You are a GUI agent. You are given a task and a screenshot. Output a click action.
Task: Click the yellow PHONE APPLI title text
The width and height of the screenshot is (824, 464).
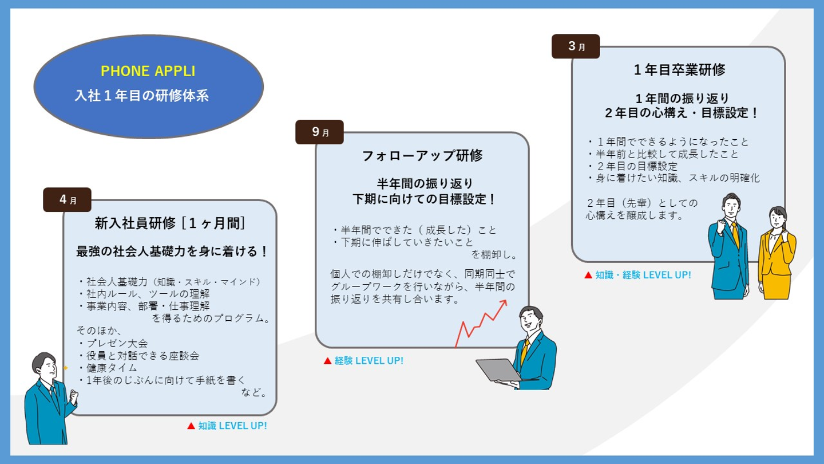tap(148, 71)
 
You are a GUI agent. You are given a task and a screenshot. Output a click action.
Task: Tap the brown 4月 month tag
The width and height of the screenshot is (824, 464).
tap(68, 199)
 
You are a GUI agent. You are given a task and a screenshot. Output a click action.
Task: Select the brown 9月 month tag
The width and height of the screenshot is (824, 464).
tap(320, 132)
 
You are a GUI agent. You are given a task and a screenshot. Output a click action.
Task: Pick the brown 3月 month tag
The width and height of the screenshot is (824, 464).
tap(576, 46)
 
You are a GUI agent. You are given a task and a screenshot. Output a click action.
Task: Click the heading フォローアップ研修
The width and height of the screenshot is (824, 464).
tap(422, 155)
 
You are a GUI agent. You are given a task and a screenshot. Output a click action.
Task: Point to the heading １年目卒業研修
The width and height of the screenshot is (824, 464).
tap(679, 70)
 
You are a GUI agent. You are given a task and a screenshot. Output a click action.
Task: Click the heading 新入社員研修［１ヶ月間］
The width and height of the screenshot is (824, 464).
tap(169, 223)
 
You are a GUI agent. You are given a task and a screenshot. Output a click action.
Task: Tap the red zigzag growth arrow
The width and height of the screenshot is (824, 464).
tap(481, 323)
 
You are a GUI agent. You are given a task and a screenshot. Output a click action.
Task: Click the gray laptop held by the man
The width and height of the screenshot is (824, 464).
tap(499, 369)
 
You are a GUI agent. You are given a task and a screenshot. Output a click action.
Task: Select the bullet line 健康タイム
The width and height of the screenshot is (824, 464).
tap(108, 368)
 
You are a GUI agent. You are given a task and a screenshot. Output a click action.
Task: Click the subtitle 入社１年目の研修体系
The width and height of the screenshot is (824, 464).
tap(142, 95)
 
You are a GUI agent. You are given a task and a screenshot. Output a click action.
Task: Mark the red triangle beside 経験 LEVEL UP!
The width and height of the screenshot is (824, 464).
tap(327, 361)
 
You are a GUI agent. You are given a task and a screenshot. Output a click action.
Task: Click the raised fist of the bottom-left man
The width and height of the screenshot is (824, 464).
tap(74, 396)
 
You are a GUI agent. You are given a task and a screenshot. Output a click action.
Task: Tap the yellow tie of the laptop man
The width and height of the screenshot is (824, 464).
tap(525, 352)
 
